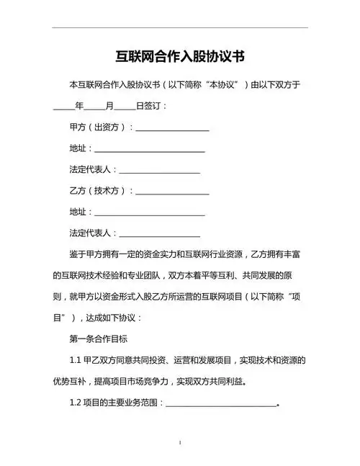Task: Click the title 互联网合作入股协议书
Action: [180, 56]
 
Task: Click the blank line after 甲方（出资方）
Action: [172, 129]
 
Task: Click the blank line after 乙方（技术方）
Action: [172, 192]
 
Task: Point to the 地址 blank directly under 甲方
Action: [149, 150]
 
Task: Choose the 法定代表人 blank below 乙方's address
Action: [159, 235]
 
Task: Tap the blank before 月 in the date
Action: [94, 107]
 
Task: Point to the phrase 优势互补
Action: [73, 381]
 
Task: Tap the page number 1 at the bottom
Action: [180, 442]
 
